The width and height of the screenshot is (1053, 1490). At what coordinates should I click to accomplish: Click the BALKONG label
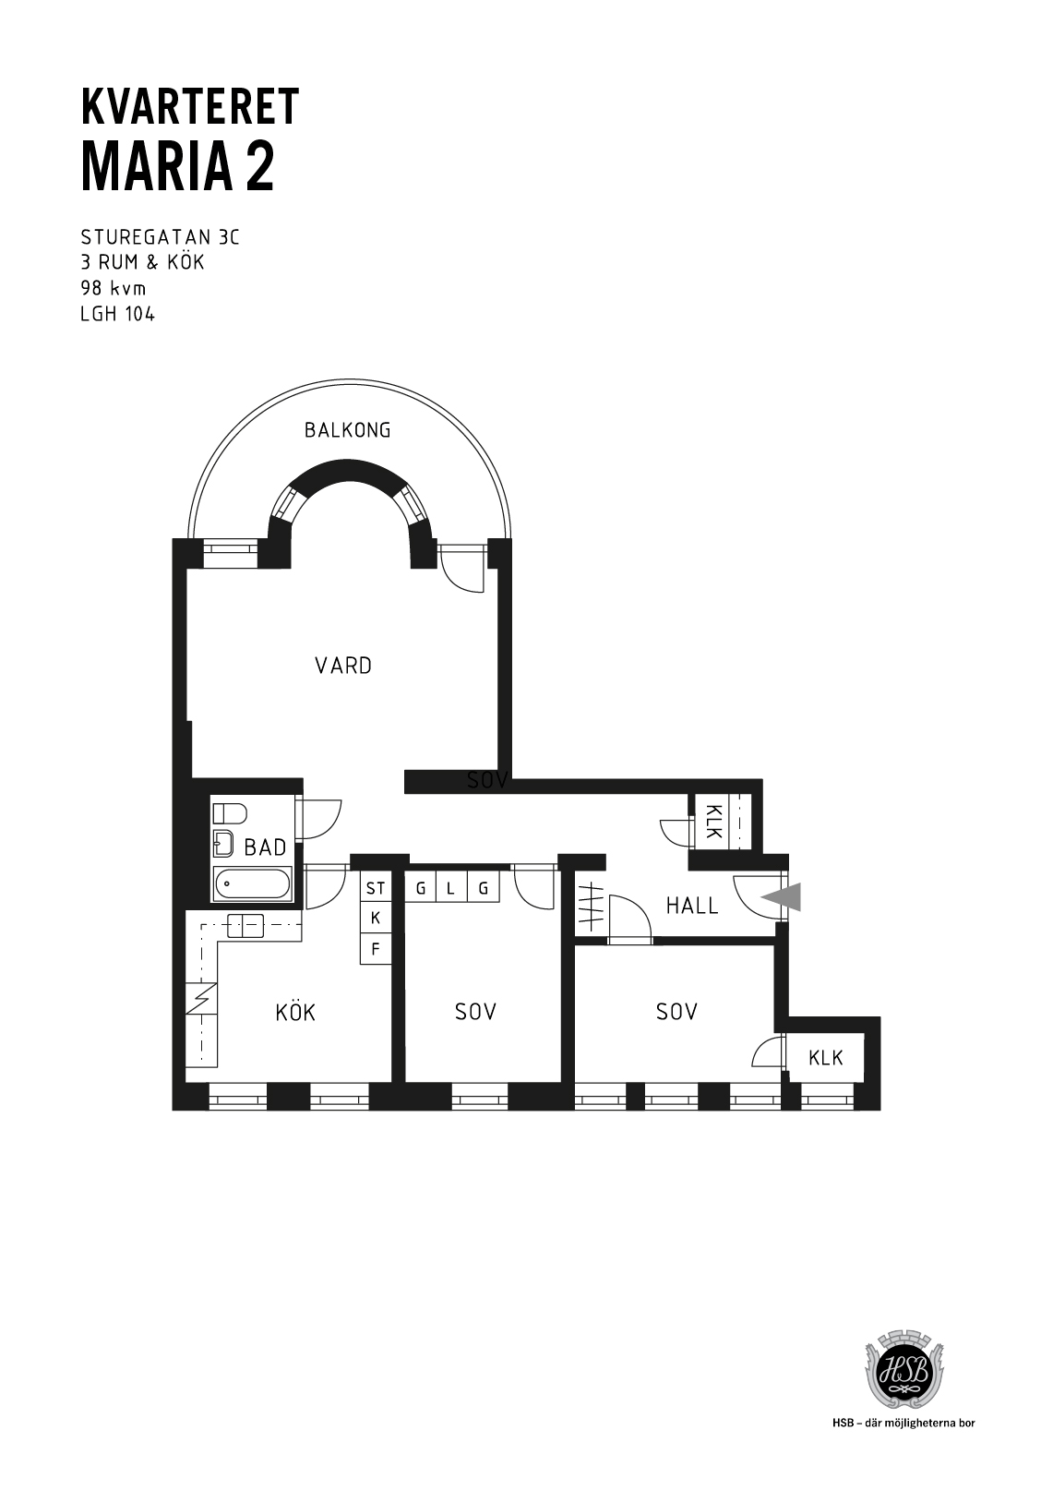[x=347, y=430]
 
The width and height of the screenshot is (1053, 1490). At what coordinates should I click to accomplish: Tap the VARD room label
[x=343, y=666]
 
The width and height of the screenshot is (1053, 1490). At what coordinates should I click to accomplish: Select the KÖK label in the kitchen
[x=295, y=1012]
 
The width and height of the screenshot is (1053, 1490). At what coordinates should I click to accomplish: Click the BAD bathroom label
[x=265, y=847]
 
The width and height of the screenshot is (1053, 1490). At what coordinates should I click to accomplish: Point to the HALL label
[x=692, y=906]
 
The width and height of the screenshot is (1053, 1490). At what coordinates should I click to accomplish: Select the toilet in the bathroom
[x=230, y=813]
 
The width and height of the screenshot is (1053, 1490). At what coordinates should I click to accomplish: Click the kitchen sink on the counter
[x=245, y=926]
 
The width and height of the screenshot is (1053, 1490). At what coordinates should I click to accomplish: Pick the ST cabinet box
[x=376, y=888]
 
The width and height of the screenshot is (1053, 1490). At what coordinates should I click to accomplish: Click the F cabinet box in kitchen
[x=376, y=948]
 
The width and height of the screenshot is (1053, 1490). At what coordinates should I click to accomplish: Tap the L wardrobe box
[x=451, y=887]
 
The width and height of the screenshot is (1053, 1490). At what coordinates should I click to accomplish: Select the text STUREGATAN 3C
[x=160, y=237]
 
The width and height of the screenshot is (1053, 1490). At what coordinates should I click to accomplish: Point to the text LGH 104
[x=117, y=314]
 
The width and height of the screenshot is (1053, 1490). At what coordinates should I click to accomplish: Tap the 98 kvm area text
[x=113, y=288]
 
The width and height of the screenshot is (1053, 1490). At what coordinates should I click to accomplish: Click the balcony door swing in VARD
[x=462, y=570]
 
